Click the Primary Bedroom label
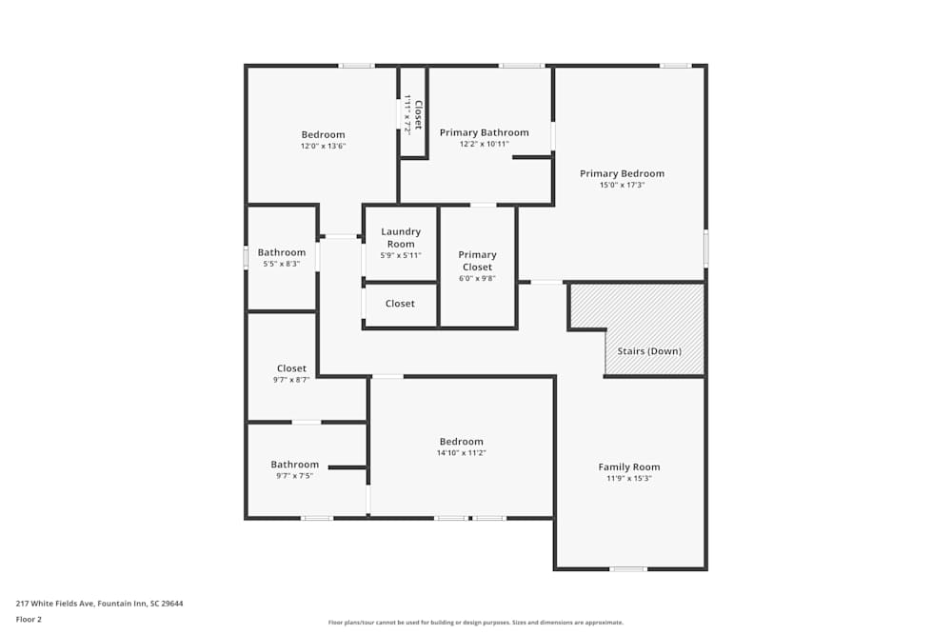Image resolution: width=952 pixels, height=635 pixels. pyautogui.click(x=622, y=173)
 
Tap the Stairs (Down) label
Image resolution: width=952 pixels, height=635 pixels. pyautogui.click(x=649, y=351)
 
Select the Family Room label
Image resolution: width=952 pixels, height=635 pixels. pyautogui.click(x=628, y=466)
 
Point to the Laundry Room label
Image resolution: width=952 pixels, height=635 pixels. pyautogui.click(x=400, y=238)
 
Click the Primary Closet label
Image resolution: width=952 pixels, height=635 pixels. pyautogui.click(x=477, y=261)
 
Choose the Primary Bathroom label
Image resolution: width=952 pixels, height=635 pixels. pyautogui.click(x=484, y=132)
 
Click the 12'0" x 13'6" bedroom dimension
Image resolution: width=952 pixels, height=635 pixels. pyautogui.click(x=323, y=147)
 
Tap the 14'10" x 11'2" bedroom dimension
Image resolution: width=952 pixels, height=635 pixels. pyautogui.click(x=461, y=453)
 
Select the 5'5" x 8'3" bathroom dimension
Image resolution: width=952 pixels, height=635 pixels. pyautogui.click(x=281, y=264)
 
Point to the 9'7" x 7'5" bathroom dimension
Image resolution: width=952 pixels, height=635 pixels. pyautogui.click(x=293, y=476)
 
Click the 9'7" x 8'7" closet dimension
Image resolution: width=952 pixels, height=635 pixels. pyautogui.click(x=291, y=380)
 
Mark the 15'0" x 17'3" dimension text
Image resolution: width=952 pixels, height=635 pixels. pyautogui.click(x=622, y=186)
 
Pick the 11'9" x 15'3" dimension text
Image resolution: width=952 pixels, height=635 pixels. pyautogui.click(x=628, y=479)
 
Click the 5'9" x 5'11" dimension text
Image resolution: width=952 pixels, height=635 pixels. pyautogui.click(x=400, y=255)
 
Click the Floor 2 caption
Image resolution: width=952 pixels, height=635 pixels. pyautogui.click(x=29, y=619)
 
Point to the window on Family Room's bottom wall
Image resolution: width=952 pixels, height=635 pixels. pyautogui.click(x=628, y=569)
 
